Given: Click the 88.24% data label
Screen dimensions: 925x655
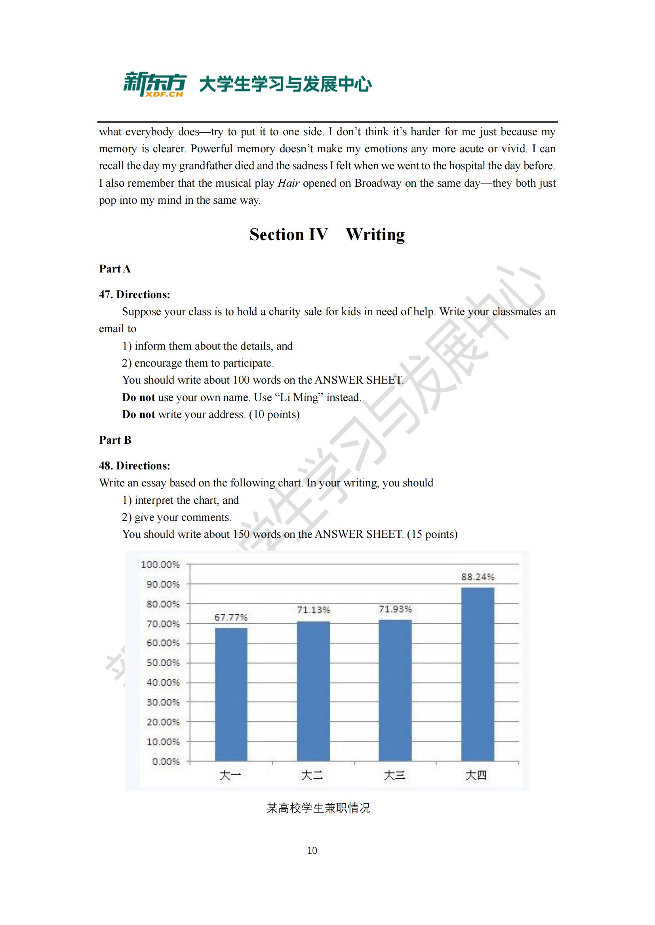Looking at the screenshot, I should point(478,577).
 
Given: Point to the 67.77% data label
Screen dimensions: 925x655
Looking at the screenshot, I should point(231,617).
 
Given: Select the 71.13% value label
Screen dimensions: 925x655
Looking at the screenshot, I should point(313,610).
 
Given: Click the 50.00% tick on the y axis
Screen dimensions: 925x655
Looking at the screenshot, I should point(163,663).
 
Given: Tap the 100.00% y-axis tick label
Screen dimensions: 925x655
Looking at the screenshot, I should point(160,564).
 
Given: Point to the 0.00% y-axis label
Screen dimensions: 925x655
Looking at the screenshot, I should point(166,761).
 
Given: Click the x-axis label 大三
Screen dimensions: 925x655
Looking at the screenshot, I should point(394,775).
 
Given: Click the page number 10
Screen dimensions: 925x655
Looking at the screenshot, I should point(312,851).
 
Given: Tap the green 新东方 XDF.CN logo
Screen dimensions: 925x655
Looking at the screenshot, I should point(154,84).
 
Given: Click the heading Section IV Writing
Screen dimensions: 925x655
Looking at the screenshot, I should point(327,235).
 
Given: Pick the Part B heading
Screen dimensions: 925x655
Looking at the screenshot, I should point(115,440).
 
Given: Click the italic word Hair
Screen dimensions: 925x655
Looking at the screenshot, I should point(288,183).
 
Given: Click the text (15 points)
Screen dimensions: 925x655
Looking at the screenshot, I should point(432,534).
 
